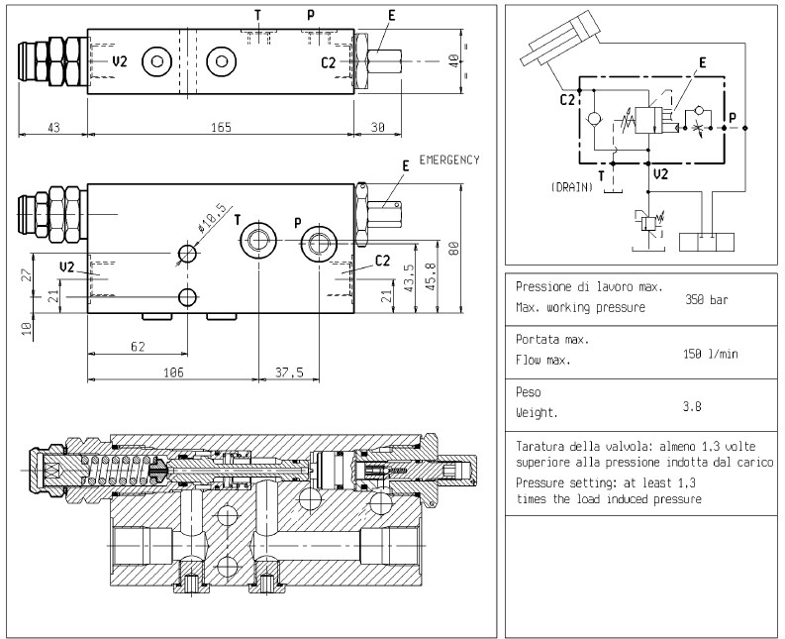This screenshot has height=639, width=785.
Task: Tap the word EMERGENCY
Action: (448, 160)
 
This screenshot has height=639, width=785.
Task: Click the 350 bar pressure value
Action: (707, 298)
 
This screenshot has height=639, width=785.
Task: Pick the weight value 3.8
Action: (693, 405)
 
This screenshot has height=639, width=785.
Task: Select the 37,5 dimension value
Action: (289, 373)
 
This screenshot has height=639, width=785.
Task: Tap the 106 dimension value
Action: (173, 373)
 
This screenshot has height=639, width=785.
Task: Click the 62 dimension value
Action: (137, 347)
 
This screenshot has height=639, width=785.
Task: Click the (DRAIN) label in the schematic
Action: (571, 187)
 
